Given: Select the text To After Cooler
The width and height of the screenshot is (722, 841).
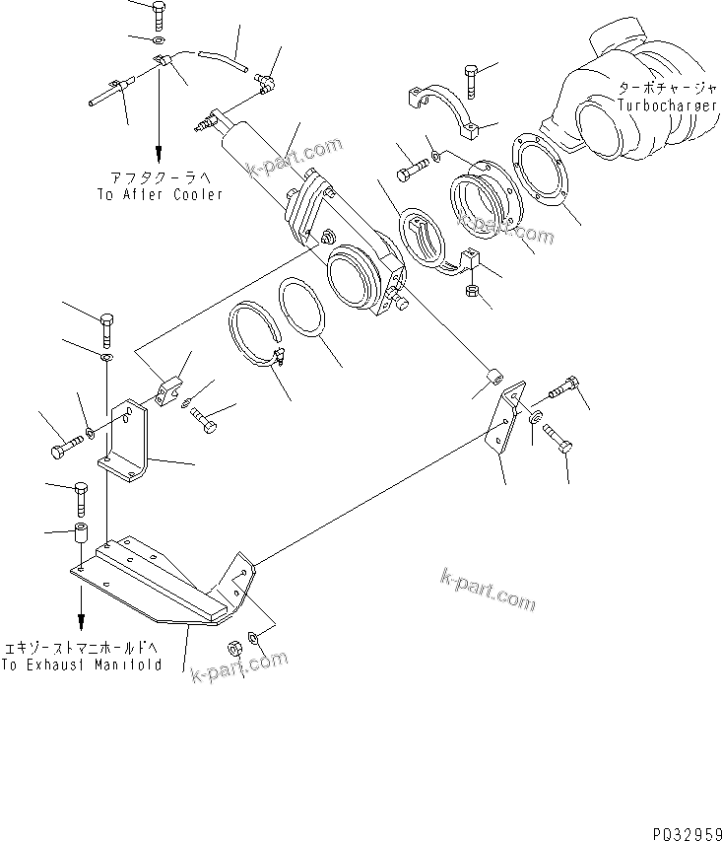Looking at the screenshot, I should point(160,194).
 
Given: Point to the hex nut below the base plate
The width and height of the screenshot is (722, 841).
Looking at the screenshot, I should point(235,649).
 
